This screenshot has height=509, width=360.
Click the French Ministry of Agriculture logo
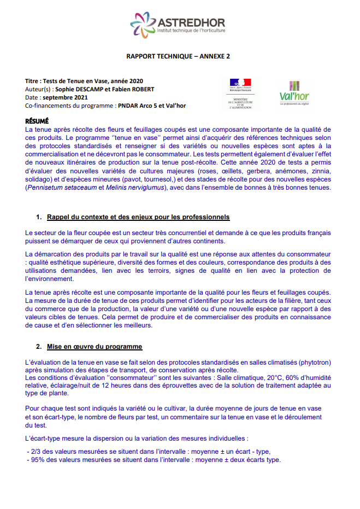(240, 93)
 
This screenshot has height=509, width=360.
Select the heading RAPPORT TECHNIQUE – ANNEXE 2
(178, 56)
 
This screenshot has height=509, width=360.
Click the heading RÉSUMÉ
(37, 121)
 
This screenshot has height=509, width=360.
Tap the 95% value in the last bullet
(38, 459)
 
